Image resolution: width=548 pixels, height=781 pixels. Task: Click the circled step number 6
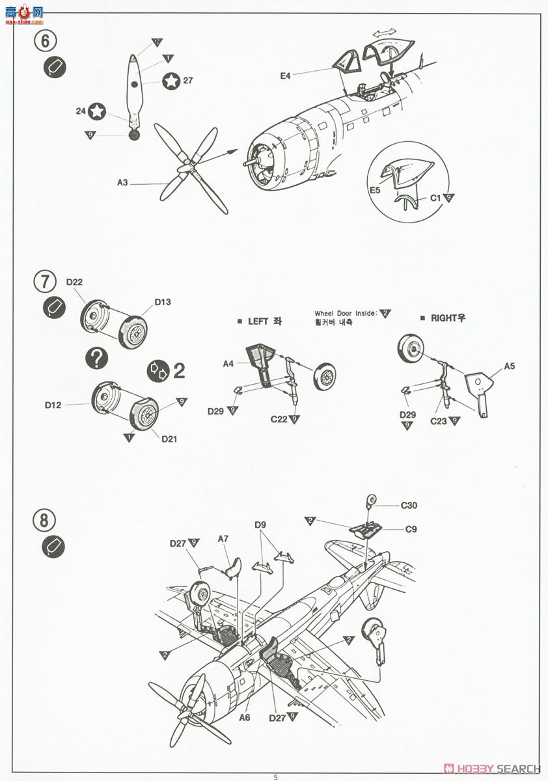pos(44,40)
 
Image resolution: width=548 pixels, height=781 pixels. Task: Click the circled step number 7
pos(44,282)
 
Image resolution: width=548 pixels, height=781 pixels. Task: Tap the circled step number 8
pos(44,521)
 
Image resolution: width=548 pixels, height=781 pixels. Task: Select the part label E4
pos(286,76)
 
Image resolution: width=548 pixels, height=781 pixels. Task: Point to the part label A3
pos(122,183)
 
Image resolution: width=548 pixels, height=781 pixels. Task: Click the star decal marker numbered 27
pos(171,81)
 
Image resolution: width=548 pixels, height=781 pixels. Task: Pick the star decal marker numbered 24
pos(97,111)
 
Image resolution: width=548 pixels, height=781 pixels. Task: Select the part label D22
pos(74,281)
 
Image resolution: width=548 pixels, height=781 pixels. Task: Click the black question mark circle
pos(97,357)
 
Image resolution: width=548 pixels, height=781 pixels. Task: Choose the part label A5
pos(509,366)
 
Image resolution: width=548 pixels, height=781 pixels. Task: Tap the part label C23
pos(438,421)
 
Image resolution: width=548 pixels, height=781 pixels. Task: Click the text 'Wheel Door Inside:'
pos(346,313)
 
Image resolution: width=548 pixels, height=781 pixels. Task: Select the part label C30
pos(409,505)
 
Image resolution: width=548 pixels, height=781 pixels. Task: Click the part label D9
pos(260,525)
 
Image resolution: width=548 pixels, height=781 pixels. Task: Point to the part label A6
pos(245,717)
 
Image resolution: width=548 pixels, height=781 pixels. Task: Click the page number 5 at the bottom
pos(275,776)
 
